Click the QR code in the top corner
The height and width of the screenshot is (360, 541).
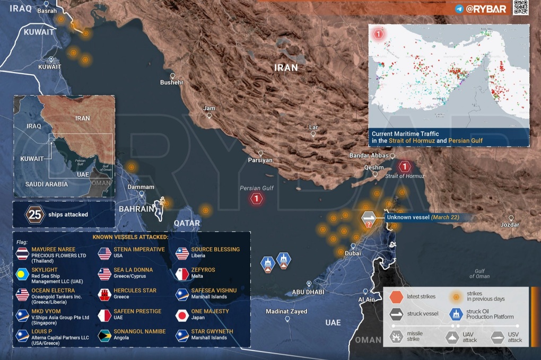click(x=520, y=7)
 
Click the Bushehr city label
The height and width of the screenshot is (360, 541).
click(x=171, y=83)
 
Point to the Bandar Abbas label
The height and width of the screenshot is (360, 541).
click(x=369, y=155)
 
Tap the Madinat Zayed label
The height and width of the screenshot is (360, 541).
click(x=286, y=311)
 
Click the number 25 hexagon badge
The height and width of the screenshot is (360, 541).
click(x=35, y=215)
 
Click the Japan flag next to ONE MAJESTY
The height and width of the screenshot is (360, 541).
click(x=182, y=315)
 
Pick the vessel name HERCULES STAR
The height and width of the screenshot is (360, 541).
click(x=135, y=291)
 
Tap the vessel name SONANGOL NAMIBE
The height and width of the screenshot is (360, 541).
click(x=139, y=331)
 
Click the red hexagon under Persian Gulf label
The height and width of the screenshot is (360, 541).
click(x=257, y=199)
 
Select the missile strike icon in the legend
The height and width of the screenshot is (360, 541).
click(x=397, y=337)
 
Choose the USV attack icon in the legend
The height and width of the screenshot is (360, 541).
click(x=498, y=337)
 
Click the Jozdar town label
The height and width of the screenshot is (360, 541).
click(x=510, y=225)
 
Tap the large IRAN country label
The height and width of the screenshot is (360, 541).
click(x=286, y=68)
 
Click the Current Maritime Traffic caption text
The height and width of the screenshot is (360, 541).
click(x=427, y=137)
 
